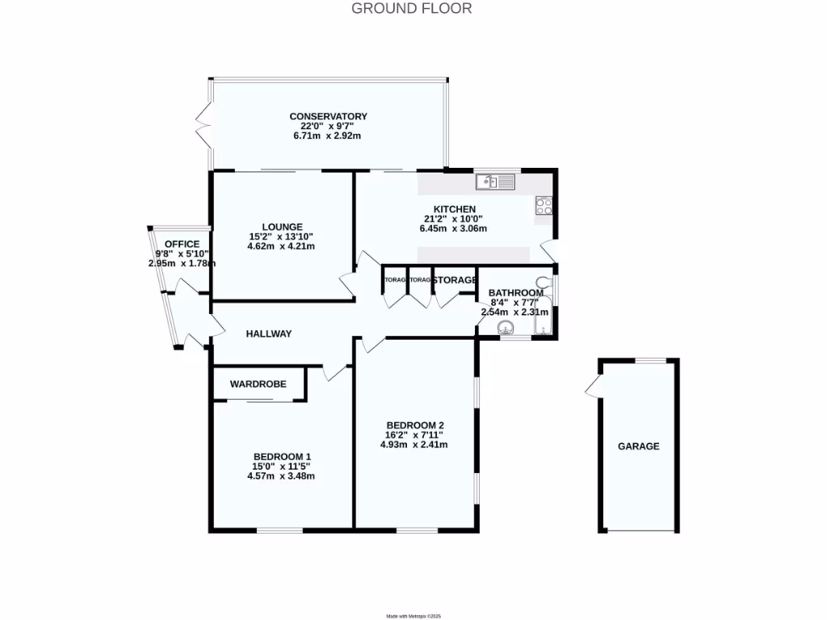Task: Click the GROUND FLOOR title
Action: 412,9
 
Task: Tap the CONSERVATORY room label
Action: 328,116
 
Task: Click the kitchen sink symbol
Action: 494,182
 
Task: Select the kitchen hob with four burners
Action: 544,206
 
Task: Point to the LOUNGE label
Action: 282,226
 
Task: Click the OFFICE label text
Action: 182,244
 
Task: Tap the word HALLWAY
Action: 269,333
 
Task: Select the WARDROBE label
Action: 258,384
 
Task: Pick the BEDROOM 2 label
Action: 415,425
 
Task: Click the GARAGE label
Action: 639,446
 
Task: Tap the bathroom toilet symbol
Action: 544,283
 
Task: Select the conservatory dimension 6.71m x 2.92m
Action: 328,136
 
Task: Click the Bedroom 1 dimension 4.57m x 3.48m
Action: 280,476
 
